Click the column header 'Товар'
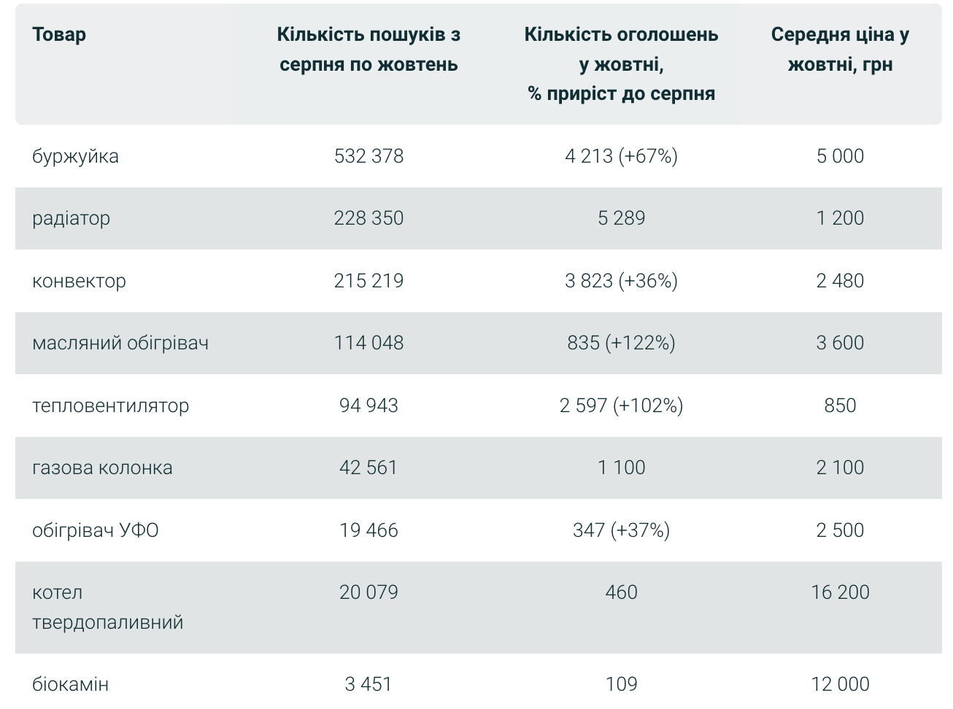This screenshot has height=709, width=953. tap(59, 34)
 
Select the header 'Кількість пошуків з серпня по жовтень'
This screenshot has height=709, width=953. tap(369, 50)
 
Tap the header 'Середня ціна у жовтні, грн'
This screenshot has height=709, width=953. tap(840, 50)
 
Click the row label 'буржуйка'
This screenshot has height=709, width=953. tap(75, 156)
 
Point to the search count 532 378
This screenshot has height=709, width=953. tap(369, 156)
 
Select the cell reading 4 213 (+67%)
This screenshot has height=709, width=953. tap(621, 156)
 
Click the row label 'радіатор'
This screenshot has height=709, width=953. tap(71, 218)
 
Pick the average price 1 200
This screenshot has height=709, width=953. tap(840, 218)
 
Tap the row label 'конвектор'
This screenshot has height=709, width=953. tap(79, 281)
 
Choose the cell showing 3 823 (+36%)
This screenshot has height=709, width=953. tap(621, 281)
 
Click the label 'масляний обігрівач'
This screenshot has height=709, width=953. tap(120, 343)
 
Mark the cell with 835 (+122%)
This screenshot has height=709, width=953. tap(621, 343)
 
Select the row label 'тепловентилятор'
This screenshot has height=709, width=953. tap(110, 406)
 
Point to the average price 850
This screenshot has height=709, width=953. tap(840, 406)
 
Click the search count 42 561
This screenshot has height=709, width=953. tap(369, 468)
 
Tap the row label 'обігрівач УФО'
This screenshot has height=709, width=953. tap(95, 530)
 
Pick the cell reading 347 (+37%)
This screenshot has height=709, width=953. tap(621, 530)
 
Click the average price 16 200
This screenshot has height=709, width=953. tap(840, 592)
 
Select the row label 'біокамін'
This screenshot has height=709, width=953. tap(70, 684)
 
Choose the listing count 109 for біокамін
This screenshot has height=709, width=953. tap(621, 684)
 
